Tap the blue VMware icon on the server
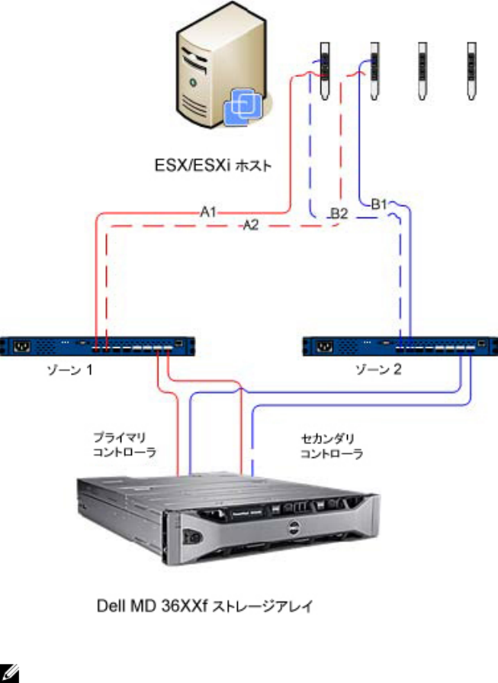(243, 105)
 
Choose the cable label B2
(339, 214)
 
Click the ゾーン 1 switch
(103, 346)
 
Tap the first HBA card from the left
(323, 69)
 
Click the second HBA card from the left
(374, 69)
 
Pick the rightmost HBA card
(471, 69)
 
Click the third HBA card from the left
(422, 69)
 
